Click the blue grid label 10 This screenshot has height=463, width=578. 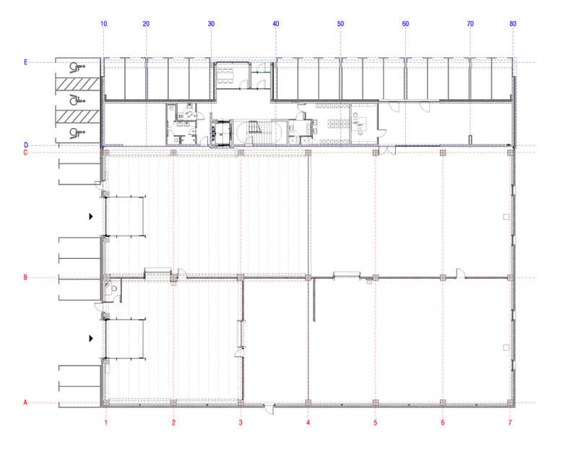tap(103, 24)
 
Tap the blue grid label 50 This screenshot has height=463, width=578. tap(340, 24)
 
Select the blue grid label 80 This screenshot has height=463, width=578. tap(513, 24)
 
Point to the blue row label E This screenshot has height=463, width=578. tap(25, 62)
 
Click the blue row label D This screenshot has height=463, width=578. tap(26, 145)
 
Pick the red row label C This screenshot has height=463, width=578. tap(25, 153)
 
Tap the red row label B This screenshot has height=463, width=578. tap(25, 277)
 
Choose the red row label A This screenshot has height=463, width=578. tap(25, 402)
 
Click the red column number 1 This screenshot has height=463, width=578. tap(105, 422)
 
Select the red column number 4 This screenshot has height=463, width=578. tap(309, 422)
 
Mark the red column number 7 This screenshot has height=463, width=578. tap(510, 422)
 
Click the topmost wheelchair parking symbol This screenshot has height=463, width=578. tap(77, 67)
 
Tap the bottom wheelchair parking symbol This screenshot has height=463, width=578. tap(77, 132)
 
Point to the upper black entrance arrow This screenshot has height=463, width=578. tap(91, 216)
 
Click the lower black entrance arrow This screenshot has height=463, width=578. tap(91, 338)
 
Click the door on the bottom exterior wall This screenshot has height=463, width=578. tap(269, 409)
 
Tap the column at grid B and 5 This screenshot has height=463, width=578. tap(375, 277)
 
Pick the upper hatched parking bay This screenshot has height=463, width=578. tap(78, 84)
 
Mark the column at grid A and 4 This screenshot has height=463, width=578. tap(309, 402)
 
